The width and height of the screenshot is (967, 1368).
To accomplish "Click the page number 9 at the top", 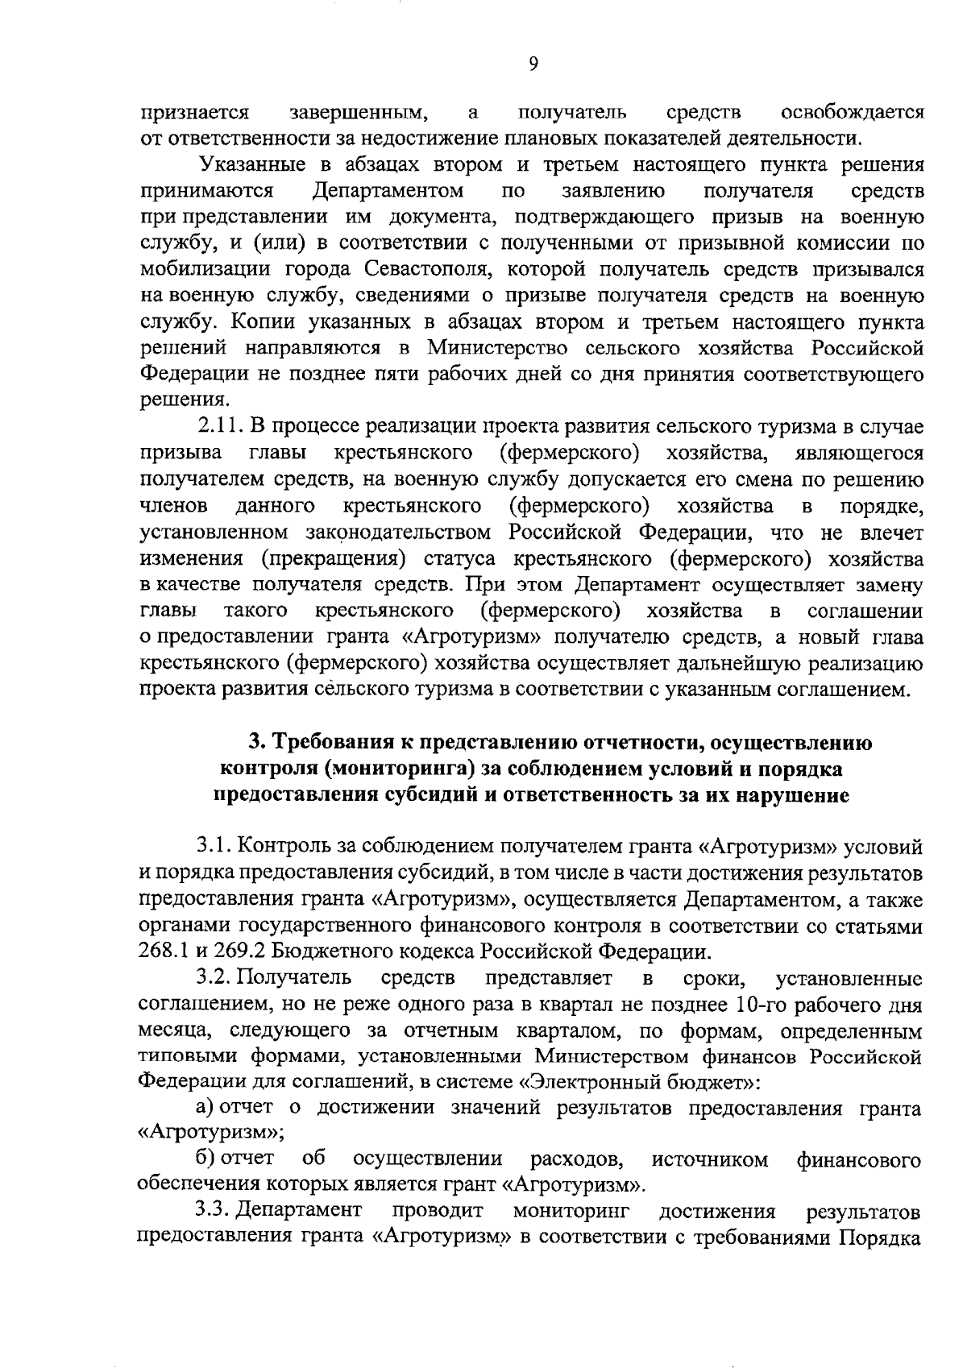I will click(533, 64).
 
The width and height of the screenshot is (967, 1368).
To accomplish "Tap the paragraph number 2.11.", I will click(221, 425).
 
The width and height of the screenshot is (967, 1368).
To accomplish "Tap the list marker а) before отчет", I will click(206, 1108).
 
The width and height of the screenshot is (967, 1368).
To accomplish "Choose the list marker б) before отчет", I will click(206, 1160).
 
